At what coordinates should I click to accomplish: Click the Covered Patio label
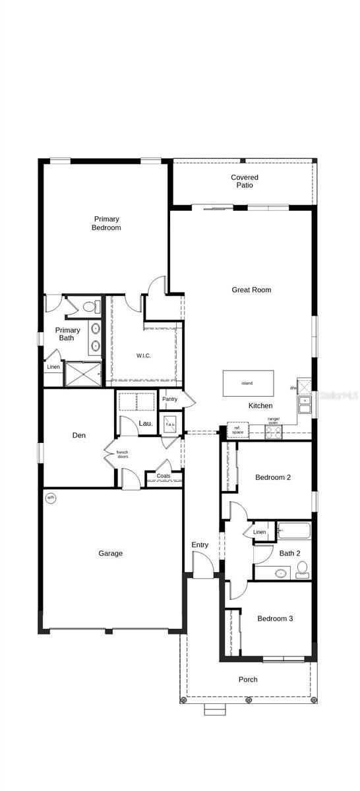[x=244, y=181]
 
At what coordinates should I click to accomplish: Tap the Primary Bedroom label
[x=106, y=223]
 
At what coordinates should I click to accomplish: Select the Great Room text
[x=251, y=289]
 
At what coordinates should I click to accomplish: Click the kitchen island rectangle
[x=248, y=383]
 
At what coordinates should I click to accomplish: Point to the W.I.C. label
[x=144, y=356]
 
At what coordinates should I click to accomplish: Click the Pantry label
[x=170, y=399]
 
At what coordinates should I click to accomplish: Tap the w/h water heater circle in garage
[x=51, y=498]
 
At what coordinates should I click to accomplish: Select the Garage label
[x=110, y=554]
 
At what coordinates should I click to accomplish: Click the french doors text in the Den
[x=122, y=454]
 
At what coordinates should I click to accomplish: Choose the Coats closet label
[x=164, y=476]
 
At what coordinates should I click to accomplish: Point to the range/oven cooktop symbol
[x=273, y=432]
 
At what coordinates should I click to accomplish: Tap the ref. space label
[x=237, y=430]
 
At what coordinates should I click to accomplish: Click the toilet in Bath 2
[x=303, y=569]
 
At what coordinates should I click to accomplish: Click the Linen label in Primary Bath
[x=53, y=366]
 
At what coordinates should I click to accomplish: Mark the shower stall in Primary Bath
[x=83, y=374]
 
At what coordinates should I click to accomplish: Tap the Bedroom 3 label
[x=275, y=618]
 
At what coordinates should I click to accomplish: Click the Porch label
[x=248, y=679]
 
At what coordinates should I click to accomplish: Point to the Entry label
[x=200, y=544]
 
